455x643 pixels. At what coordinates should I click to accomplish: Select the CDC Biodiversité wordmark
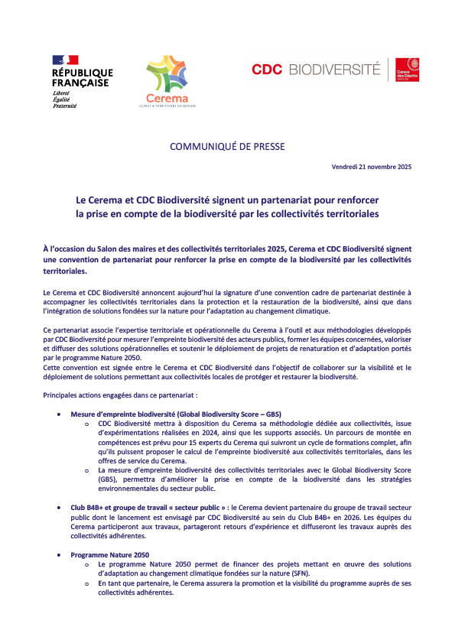tap(316, 70)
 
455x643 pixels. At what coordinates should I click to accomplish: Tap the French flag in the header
tap(65, 60)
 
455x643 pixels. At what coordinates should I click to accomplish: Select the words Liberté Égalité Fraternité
tap(65, 99)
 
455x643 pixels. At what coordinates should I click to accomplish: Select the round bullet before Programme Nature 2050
tap(60, 554)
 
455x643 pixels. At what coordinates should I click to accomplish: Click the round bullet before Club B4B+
tap(60, 505)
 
